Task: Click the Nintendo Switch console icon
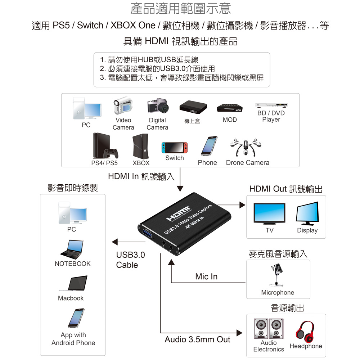(x=175, y=148)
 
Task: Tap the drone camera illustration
(x=246, y=147)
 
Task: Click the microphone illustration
(x=277, y=275)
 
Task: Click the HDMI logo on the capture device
(x=179, y=213)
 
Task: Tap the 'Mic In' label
(x=206, y=276)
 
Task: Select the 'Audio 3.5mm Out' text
(x=197, y=339)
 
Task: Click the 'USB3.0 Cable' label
(x=130, y=260)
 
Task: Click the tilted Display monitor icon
(x=307, y=213)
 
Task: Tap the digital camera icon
(x=158, y=105)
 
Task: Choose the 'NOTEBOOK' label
(x=73, y=264)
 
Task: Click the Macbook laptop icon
(x=73, y=283)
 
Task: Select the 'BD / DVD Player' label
(x=271, y=116)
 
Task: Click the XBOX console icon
(x=140, y=146)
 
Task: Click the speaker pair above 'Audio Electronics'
(x=269, y=329)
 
